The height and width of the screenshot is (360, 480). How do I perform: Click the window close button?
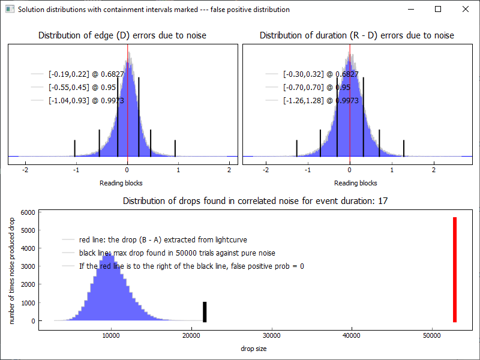pyautogui.click(x=465, y=9)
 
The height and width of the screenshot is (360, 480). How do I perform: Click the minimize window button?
pyautogui.click(x=410, y=9)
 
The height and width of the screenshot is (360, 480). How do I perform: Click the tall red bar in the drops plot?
pyautogui.click(x=455, y=270)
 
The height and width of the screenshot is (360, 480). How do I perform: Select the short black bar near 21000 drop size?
pyautogui.click(x=205, y=312)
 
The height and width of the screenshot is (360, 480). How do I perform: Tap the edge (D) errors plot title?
pyautogui.click(x=122, y=35)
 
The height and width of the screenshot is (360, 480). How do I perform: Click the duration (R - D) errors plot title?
pyautogui.click(x=356, y=35)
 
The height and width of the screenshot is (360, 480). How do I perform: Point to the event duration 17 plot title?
pyautogui.click(x=255, y=201)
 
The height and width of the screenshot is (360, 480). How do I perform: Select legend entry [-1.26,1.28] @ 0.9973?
pyautogui.click(x=320, y=101)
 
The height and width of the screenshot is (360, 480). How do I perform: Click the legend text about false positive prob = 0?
pyautogui.click(x=191, y=266)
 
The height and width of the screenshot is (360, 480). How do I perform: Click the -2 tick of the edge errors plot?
pyautogui.click(x=25, y=170)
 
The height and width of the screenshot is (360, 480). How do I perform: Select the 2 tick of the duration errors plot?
pyautogui.click(x=434, y=170)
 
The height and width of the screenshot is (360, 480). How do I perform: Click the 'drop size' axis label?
pyautogui.click(x=254, y=349)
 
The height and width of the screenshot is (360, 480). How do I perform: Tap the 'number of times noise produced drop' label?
pyautogui.click(x=12, y=272)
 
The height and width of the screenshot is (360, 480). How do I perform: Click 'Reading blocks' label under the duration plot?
pyautogui.click(x=356, y=183)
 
